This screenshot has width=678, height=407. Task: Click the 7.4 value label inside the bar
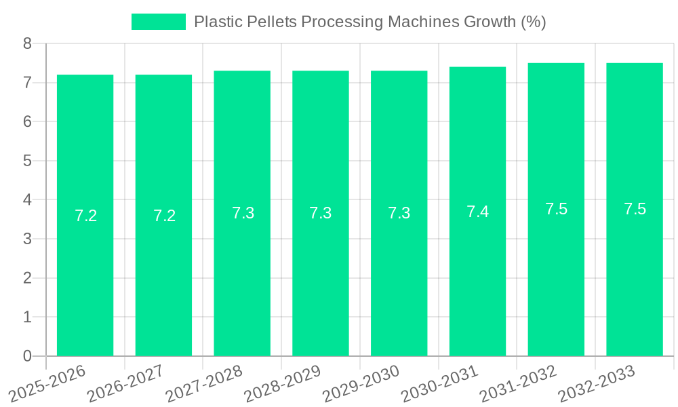[477, 212]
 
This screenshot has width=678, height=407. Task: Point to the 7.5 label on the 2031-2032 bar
[556, 209]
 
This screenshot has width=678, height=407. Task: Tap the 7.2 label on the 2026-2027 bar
[164, 216]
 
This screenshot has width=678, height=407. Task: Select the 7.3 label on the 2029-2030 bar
[399, 213]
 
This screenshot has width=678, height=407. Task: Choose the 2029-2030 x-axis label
[361, 383]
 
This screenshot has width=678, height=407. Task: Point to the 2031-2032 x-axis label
[519, 383]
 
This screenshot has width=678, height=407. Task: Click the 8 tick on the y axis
[27, 44]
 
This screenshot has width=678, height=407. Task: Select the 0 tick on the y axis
[27, 356]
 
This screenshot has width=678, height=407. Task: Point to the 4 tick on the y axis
[27, 200]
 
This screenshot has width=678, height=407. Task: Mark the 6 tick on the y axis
[27, 122]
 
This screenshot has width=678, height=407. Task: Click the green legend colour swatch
[158, 22]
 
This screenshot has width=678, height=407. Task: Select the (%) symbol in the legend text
[533, 22]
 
